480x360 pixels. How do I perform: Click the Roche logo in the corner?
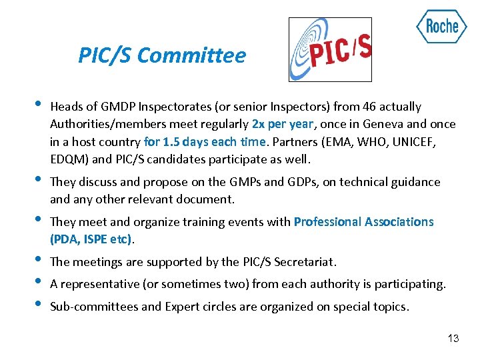[x=441, y=27]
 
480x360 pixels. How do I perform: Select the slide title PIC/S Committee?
[x=162, y=55]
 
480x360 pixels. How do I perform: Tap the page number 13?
[x=453, y=339]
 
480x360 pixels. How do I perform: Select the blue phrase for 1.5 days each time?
[x=205, y=142]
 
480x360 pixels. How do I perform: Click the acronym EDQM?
[x=67, y=159]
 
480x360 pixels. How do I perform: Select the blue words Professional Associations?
[x=363, y=222]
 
